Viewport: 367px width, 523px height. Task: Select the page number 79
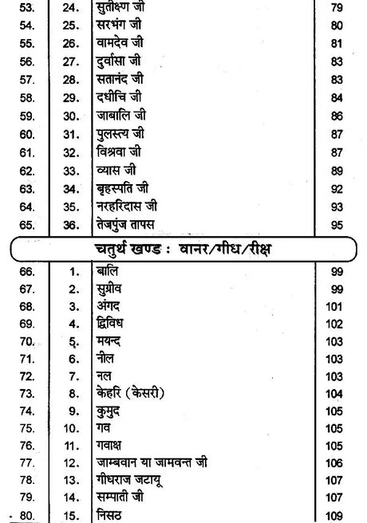click(x=336, y=9)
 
